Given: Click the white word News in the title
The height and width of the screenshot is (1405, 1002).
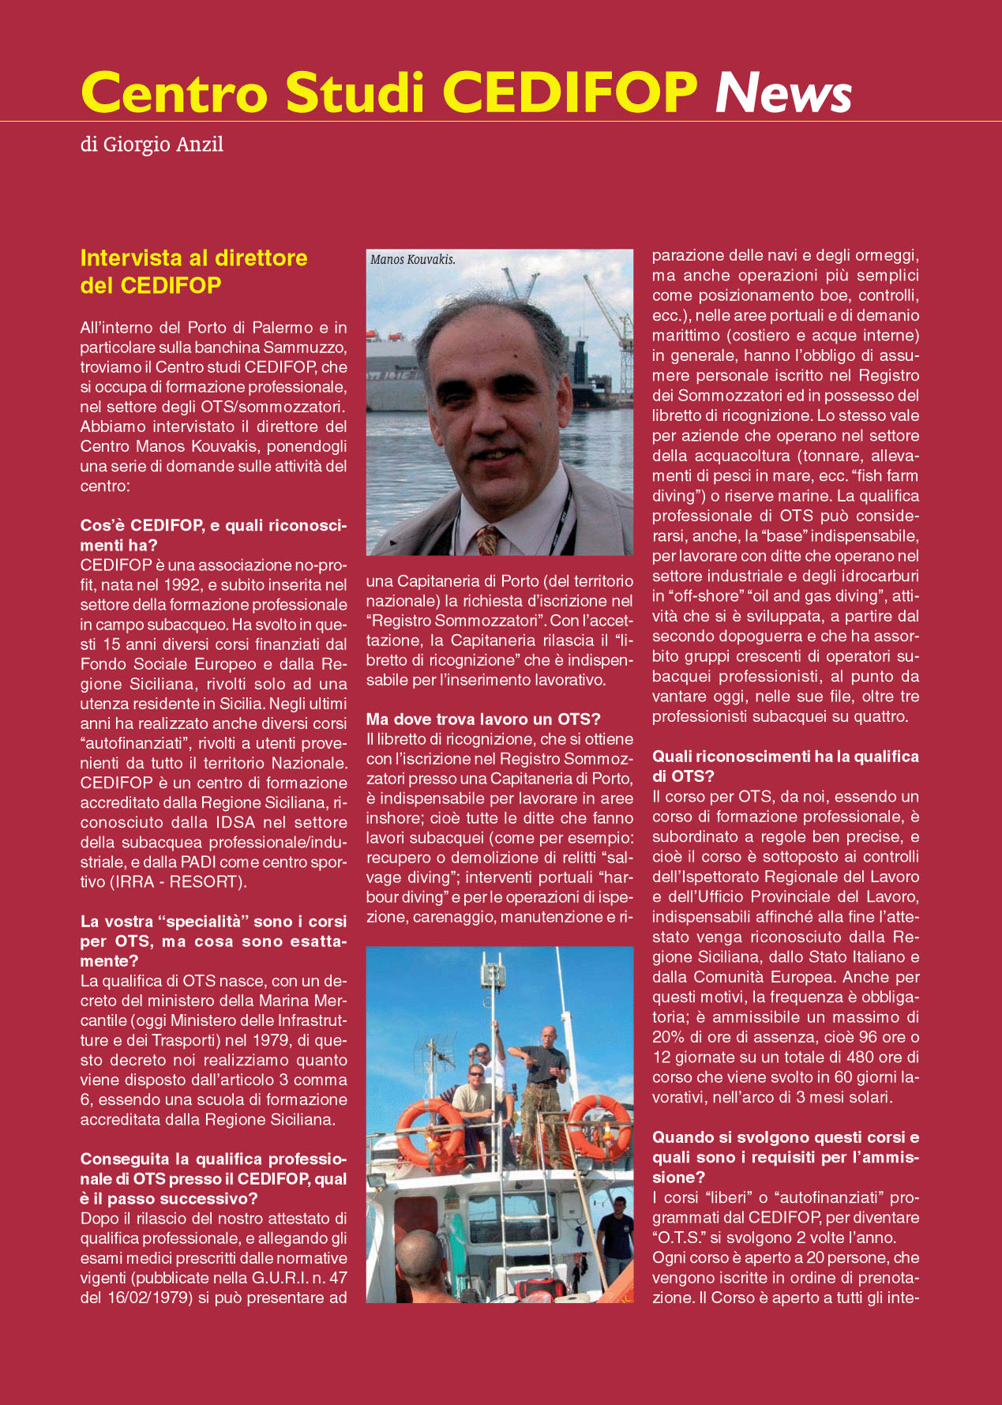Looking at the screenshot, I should (782, 92).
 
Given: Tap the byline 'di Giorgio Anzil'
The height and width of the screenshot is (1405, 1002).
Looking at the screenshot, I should (152, 145).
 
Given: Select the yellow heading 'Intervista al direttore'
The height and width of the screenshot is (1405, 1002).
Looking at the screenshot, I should (194, 258).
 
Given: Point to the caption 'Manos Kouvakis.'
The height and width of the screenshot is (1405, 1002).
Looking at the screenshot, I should (412, 260).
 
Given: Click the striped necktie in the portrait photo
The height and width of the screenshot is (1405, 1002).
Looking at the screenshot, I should (486, 541).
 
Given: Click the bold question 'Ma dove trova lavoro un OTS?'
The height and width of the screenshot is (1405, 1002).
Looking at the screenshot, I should (483, 719).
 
